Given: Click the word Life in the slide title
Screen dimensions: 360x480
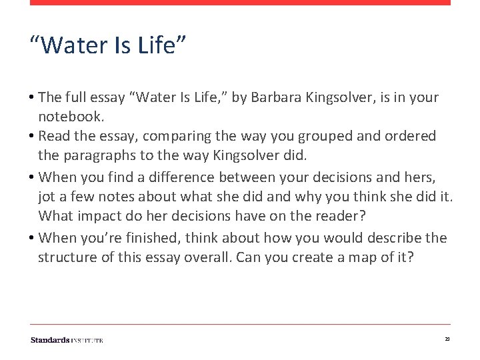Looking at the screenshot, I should click(x=161, y=46).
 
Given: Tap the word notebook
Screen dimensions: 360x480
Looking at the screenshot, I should click(x=69, y=117).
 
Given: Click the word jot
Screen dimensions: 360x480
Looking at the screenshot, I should click(x=47, y=196).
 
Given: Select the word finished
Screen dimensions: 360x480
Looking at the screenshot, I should click(x=155, y=238).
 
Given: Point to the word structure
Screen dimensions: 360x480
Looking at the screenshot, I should click(x=66, y=257).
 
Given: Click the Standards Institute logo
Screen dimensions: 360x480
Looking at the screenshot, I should click(x=67, y=340).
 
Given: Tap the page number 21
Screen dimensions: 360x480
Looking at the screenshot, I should click(x=447, y=340).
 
